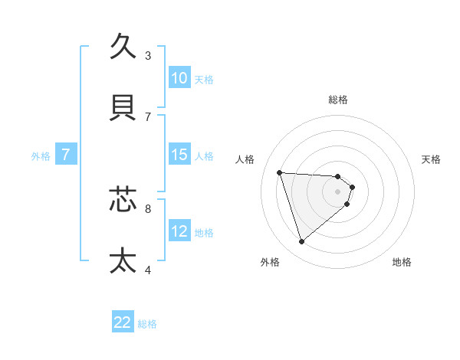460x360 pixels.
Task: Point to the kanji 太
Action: [x=123, y=260]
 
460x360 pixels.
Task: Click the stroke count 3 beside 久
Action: [x=148, y=55]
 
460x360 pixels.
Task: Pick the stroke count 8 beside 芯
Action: [x=148, y=208]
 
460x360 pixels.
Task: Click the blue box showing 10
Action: [x=179, y=78]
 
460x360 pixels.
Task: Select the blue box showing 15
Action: [x=179, y=155]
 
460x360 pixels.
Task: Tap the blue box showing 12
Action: [x=179, y=231]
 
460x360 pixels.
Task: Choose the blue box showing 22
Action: [x=123, y=323]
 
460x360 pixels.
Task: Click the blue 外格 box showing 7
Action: [x=66, y=155]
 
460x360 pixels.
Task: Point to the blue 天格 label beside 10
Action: [x=204, y=80]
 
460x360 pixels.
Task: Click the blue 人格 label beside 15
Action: [x=204, y=156]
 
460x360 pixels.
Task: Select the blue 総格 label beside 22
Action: [x=147, y=325]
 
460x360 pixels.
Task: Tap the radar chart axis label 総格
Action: [x=338, y=100]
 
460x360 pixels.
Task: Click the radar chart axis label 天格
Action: [x=432, y=159]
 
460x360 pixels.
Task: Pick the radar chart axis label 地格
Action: [x=402, y=263]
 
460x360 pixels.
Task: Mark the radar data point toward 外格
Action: [x=301, y=242]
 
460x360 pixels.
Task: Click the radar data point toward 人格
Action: [x=280, y=172]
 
